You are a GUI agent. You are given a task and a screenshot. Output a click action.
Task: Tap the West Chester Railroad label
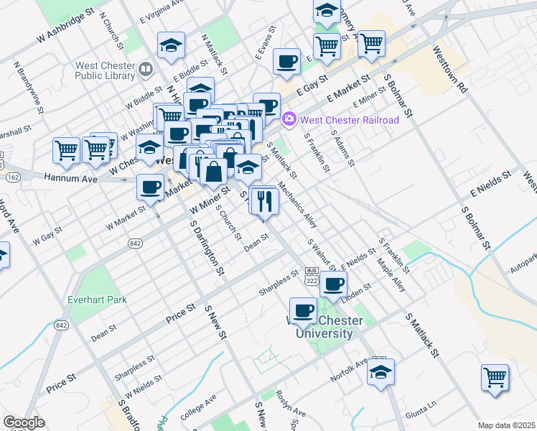pos(349,120)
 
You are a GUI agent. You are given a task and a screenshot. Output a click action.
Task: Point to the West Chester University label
pos(322,327)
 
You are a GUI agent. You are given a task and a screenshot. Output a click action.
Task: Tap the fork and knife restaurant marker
pos(263,201)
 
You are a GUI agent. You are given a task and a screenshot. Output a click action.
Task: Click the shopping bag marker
pos(213,172)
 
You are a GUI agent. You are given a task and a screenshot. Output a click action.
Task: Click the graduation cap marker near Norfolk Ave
pos(380,373)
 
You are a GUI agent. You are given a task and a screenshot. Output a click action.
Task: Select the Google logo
pos(24,422)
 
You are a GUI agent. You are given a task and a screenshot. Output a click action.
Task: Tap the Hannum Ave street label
pos(70,177)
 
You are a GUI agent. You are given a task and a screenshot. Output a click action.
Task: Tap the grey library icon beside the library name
pos(146,69)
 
